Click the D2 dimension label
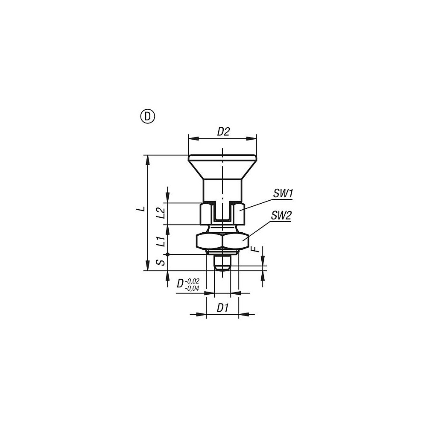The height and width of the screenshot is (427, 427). (223, 132)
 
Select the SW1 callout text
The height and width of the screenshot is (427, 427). (283, 193)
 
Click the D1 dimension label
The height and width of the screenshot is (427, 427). (223, 308)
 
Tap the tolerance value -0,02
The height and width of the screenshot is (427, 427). (193, 281)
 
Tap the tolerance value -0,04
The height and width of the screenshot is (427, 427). (193, 288)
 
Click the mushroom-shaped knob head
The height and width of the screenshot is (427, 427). (222, 164)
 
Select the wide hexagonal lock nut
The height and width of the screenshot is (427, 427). (222, 241)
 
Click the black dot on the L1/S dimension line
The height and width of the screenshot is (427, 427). (168, 254)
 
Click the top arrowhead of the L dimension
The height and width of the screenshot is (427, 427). (148, 159)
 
